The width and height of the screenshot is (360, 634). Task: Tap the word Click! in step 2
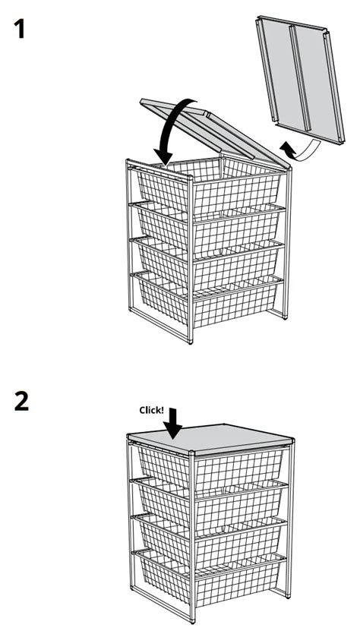click(151, 409)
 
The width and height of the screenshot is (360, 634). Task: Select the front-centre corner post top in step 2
click(194, 453)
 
